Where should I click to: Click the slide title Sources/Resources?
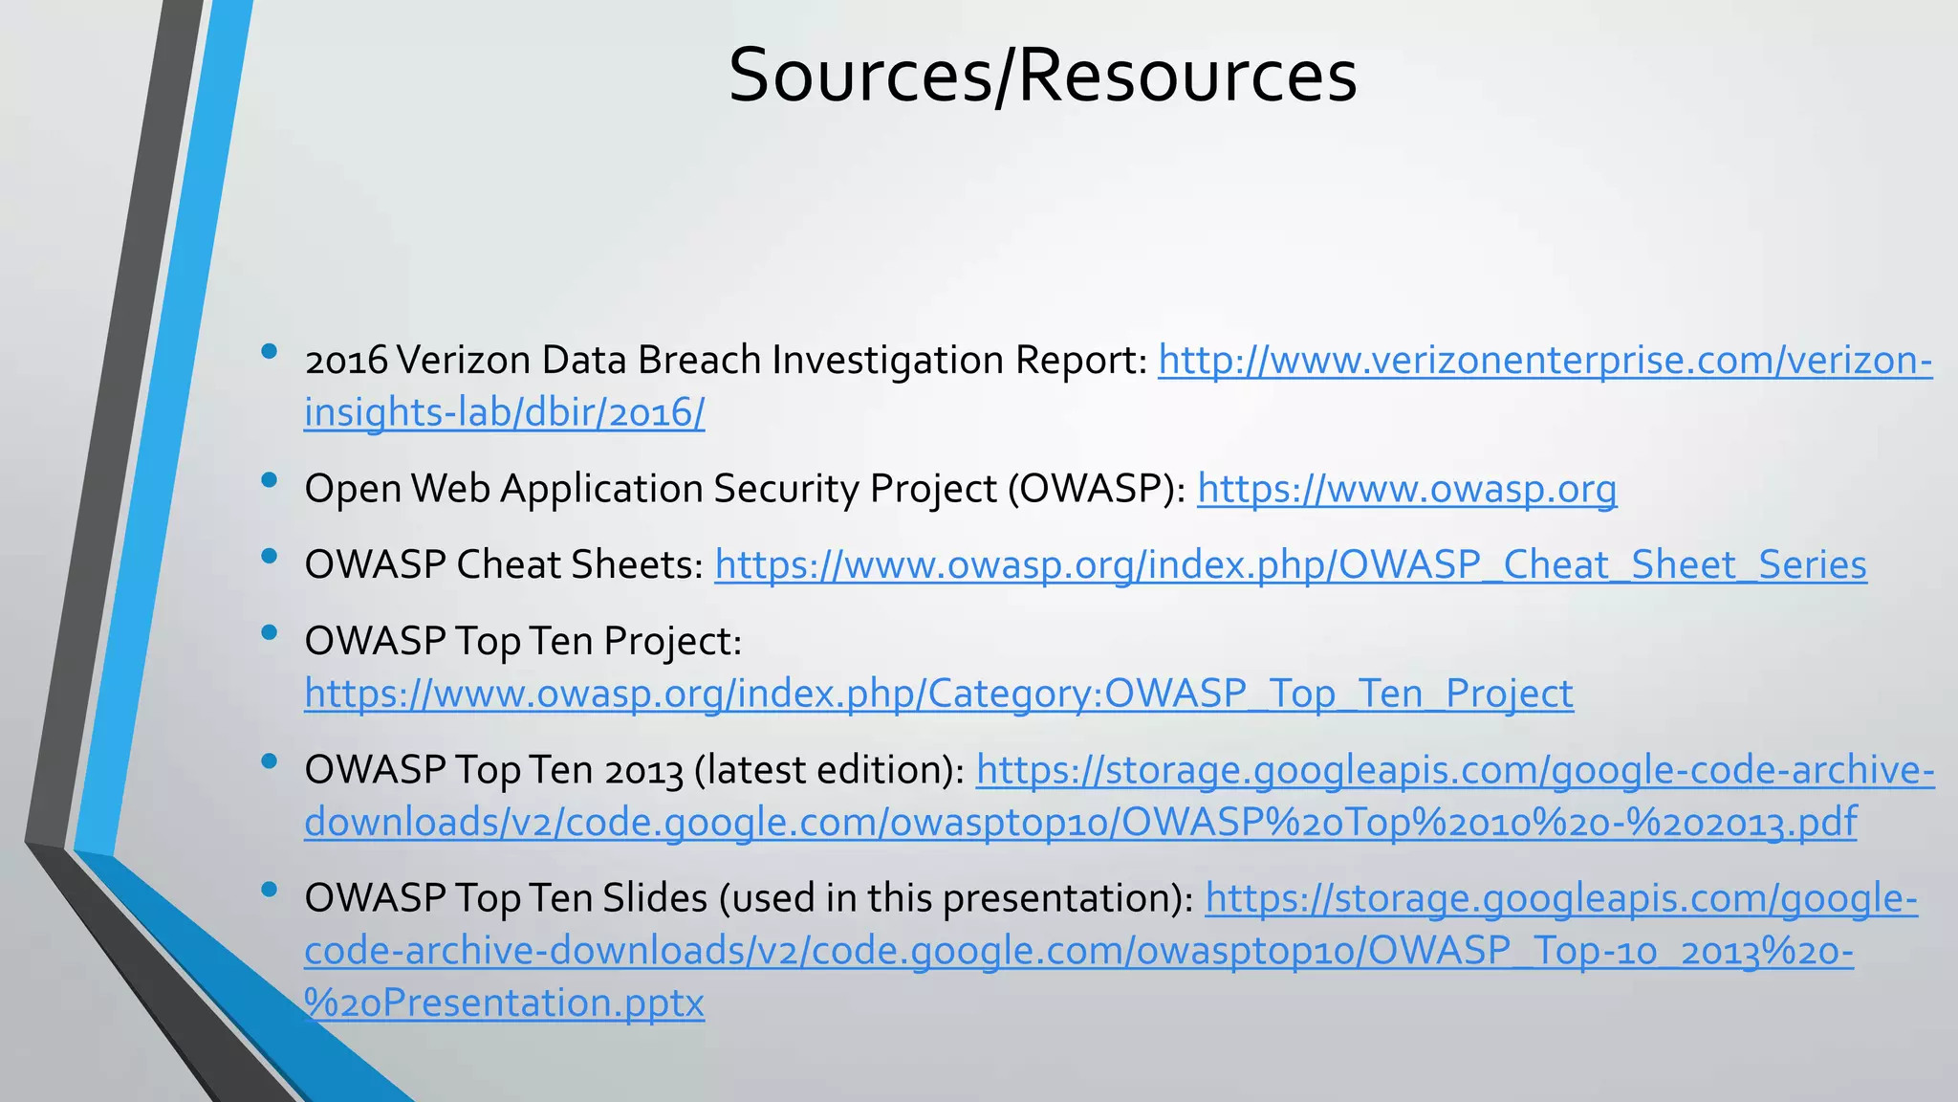pos(1042,76)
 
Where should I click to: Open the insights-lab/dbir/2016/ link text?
pos(504,412)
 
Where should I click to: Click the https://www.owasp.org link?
pos(1406,489)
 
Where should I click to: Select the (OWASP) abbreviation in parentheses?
pos(1096,489)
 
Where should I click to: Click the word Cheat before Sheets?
pos(508,565)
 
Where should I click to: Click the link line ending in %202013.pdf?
pos(1080,822)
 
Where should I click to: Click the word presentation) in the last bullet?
pos(1068,898)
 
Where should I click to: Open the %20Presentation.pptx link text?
pos(504,1003)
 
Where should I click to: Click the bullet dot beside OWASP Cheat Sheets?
pos(269,556)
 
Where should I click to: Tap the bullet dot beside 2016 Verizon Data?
pos(269,351)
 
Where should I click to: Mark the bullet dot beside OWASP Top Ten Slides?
pos(269,890)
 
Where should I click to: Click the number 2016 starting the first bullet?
pos(345,361)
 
